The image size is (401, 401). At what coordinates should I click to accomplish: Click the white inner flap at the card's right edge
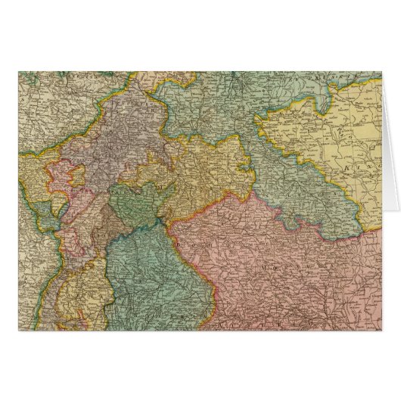point(389,151)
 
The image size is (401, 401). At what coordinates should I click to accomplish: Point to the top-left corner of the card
point(19,72)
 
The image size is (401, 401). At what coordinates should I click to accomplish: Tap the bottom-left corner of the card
point(19,333)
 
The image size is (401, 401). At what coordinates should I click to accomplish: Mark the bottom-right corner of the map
point(381,333)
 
